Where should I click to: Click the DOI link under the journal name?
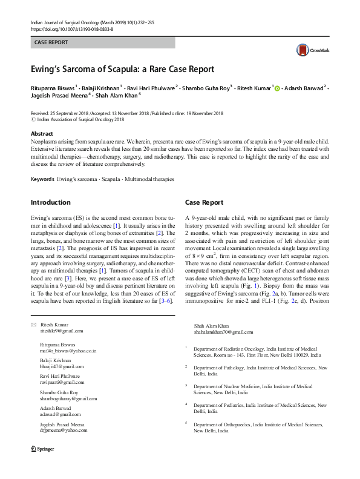(x=71, y=28)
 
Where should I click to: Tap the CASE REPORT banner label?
(x=51, y=43)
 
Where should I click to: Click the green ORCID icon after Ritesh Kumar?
(x=278, y=88)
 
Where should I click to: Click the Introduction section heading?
(x=50, y=202)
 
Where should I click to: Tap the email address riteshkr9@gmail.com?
(x=61, y=331)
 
